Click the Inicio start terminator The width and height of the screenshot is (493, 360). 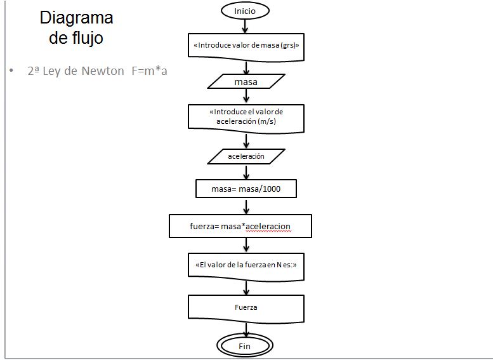coord(245,11)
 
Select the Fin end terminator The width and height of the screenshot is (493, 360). coord(245,347)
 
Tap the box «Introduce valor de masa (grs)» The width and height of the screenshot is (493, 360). coord(246,46)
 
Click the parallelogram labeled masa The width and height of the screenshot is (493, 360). coord(246,82)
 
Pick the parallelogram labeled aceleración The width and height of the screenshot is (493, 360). coord(246,156)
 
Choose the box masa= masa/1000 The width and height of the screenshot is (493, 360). coord(246,189)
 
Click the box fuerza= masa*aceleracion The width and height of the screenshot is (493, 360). coord(240,225)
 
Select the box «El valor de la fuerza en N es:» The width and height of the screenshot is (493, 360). coord(246,265)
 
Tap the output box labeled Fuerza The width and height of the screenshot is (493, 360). coord(246,307)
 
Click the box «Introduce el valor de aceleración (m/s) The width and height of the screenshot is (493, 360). coord(246,117)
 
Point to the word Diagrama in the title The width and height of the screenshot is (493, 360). coord(76,17)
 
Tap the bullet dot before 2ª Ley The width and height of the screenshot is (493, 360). coord(11,71)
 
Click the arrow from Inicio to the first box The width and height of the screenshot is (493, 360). coord(246,26)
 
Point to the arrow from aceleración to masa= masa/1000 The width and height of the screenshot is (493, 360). coord(246,172)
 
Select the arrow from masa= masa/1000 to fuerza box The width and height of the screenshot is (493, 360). coord(246,206)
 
